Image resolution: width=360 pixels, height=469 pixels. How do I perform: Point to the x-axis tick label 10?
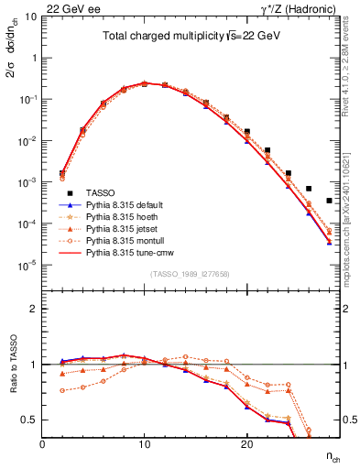tap(144, 445)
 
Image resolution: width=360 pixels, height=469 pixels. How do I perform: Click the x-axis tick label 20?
tap(246, 445)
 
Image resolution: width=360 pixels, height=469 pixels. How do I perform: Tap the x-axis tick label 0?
tap(42, 445)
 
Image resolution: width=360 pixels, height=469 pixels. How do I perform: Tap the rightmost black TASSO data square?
tap(329, 201)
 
